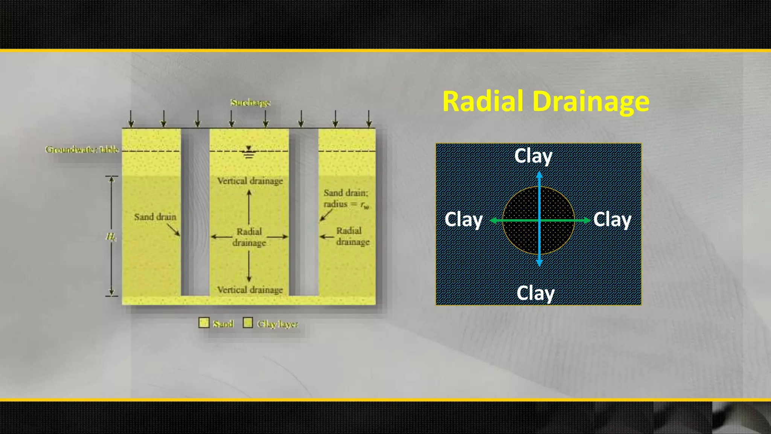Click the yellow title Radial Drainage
(546, 101)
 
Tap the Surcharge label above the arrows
(250, 102)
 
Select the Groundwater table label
(82, 150)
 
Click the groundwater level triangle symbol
(248, 149)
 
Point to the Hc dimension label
(111, 237)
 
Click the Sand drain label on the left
(155, 217)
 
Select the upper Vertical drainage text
(250, 181)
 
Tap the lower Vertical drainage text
(250, 290)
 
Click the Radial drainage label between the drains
(249, 237)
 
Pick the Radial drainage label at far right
(352, 236)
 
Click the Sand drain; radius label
(346, 199)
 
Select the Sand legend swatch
(204, 323)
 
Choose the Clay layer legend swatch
(248, 323)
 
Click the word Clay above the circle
(533, 156)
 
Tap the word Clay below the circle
(535, 293)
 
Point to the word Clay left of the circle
(463, 220)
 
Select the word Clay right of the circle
(612, 220)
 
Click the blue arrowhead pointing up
(539, 175)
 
